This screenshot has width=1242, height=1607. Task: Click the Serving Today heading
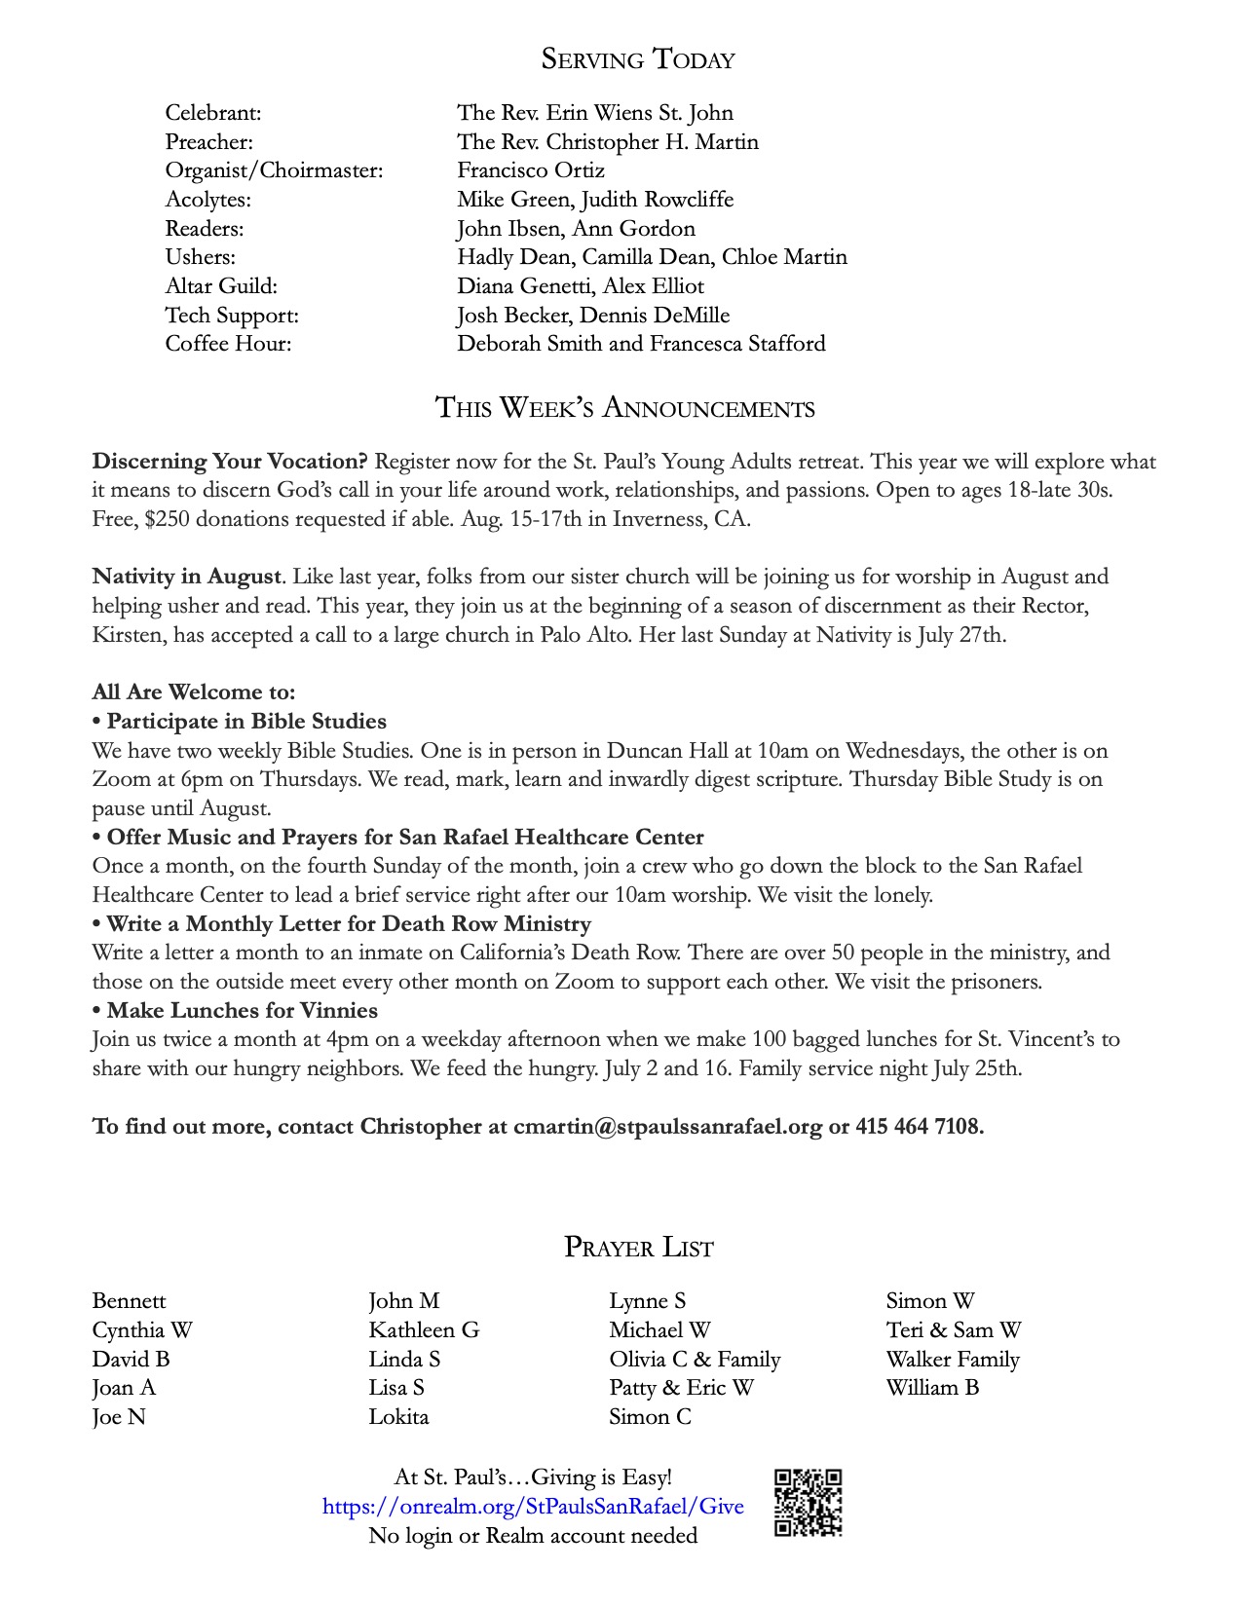click(638, 59)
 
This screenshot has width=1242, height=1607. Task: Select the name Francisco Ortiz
click(531, 170)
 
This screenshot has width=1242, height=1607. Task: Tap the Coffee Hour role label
click(228, 344)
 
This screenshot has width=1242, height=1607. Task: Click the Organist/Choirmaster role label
click(274, 170)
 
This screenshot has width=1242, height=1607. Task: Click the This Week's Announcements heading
click(624, 407)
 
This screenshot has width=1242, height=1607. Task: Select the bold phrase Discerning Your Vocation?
click(230, 462)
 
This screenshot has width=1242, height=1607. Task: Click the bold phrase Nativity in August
click(187, 577)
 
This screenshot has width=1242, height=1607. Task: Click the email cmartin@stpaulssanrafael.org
click(667, 1127)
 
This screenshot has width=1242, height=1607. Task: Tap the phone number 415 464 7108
click(919, 1127)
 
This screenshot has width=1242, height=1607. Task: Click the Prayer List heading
click(639, 1248)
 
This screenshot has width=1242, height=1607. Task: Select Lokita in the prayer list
click(398, 1417)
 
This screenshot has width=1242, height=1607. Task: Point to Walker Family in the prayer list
click(953, 1360)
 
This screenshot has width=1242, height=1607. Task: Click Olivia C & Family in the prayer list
click(695, 1360)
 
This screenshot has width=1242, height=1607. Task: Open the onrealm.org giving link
click(533, 1507)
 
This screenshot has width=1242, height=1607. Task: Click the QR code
click(808, 1503)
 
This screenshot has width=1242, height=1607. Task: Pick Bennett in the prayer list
click(129, 1301)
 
